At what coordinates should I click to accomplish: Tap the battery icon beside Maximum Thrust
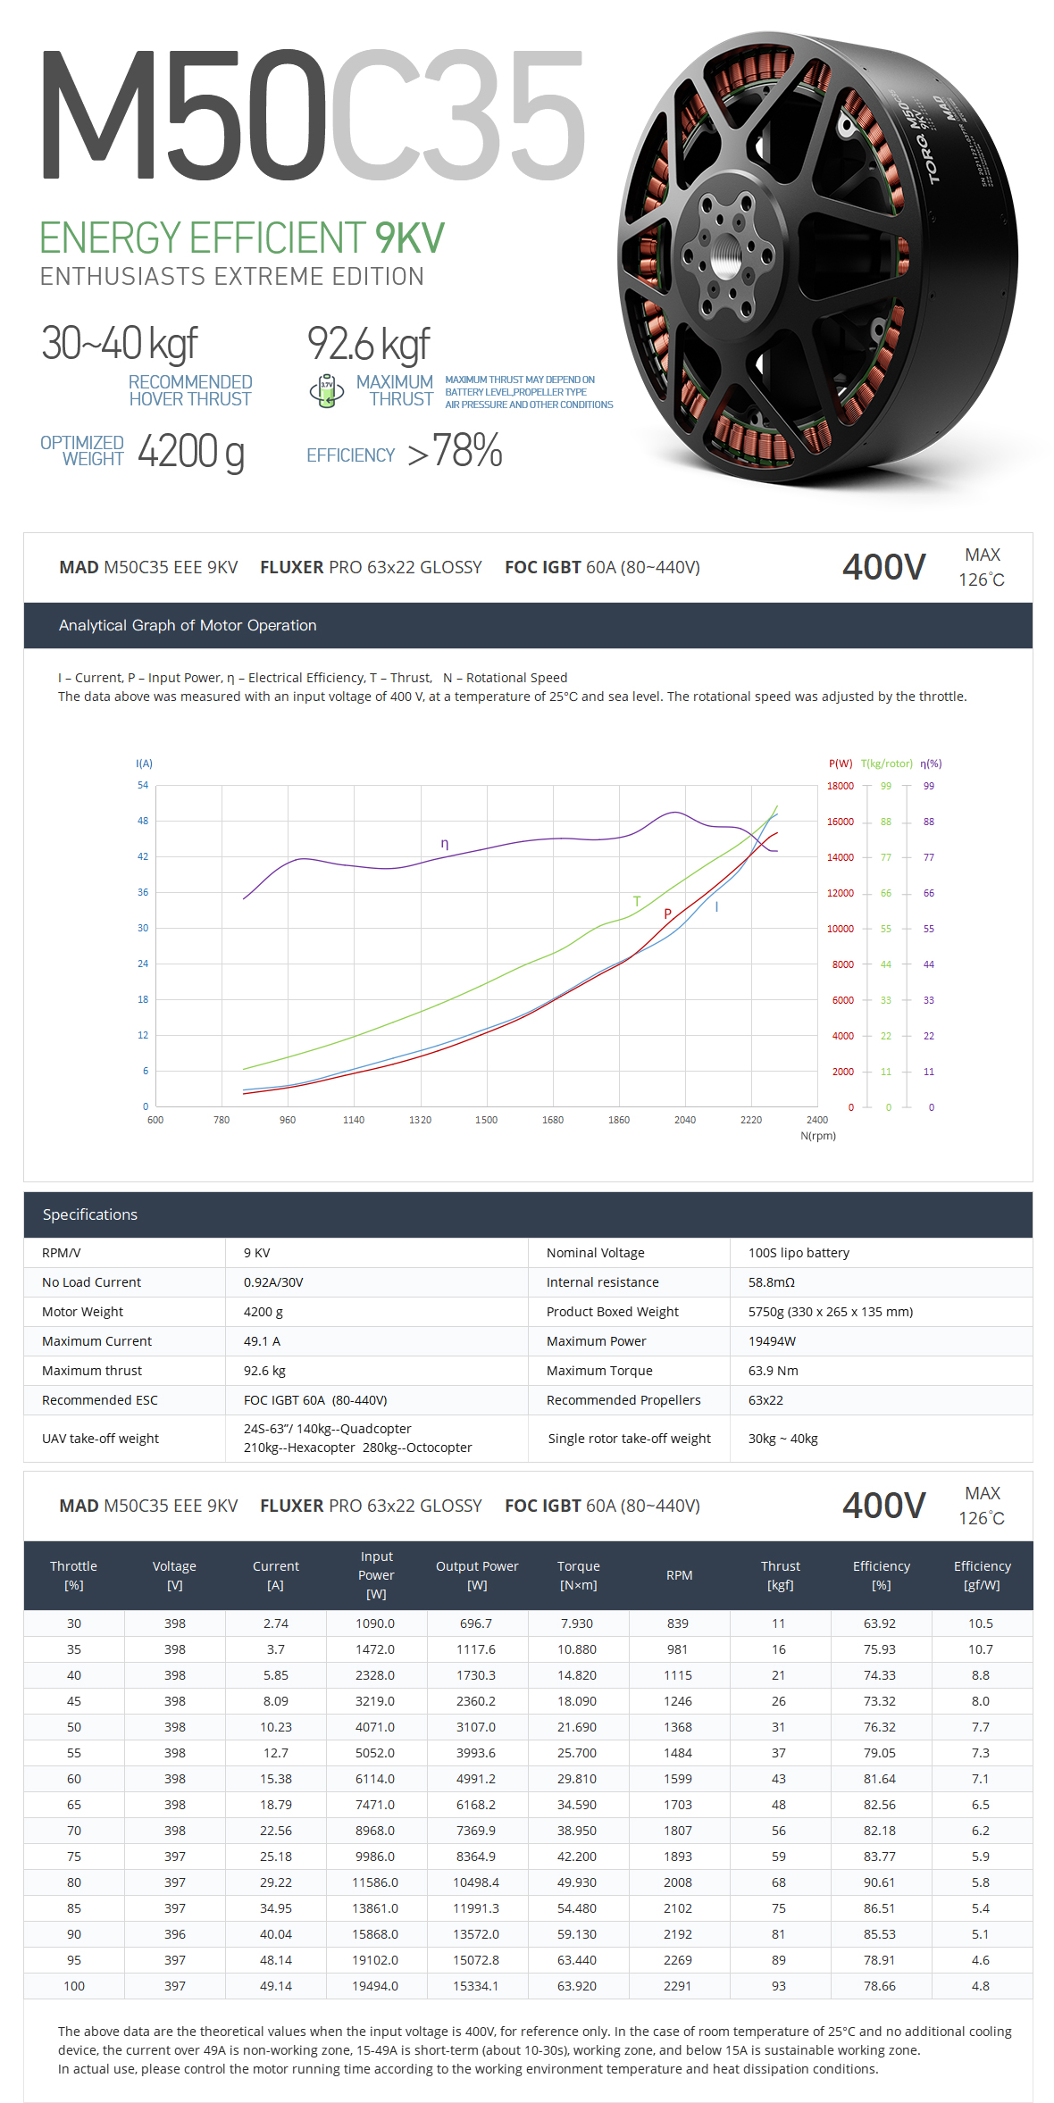[327, 390]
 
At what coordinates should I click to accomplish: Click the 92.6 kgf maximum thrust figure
[368, 345]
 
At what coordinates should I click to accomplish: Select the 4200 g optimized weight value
[190, 451]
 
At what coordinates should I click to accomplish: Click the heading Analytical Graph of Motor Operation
[188, 625]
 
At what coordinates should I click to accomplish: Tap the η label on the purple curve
[445, 844]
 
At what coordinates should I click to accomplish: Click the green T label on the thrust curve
[637, 901]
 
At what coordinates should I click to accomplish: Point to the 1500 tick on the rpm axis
[487, 1120]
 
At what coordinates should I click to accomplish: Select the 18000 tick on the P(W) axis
[840, 786]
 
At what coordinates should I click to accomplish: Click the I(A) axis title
[144, 764]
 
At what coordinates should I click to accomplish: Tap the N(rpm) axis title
[818, 1136]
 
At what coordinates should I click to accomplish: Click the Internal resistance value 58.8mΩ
[772, 1282]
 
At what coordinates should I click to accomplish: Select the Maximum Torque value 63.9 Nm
[774, 1371]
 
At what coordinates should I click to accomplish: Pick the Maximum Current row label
[96, 1341]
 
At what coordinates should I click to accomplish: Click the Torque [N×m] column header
[579, 1575]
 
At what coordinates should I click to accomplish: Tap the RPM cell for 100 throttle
[678, 1986]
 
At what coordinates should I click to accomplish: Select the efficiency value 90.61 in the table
[880, 1882]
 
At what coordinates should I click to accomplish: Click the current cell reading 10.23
[276, 1727]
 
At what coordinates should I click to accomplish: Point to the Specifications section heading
[90, 1214]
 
